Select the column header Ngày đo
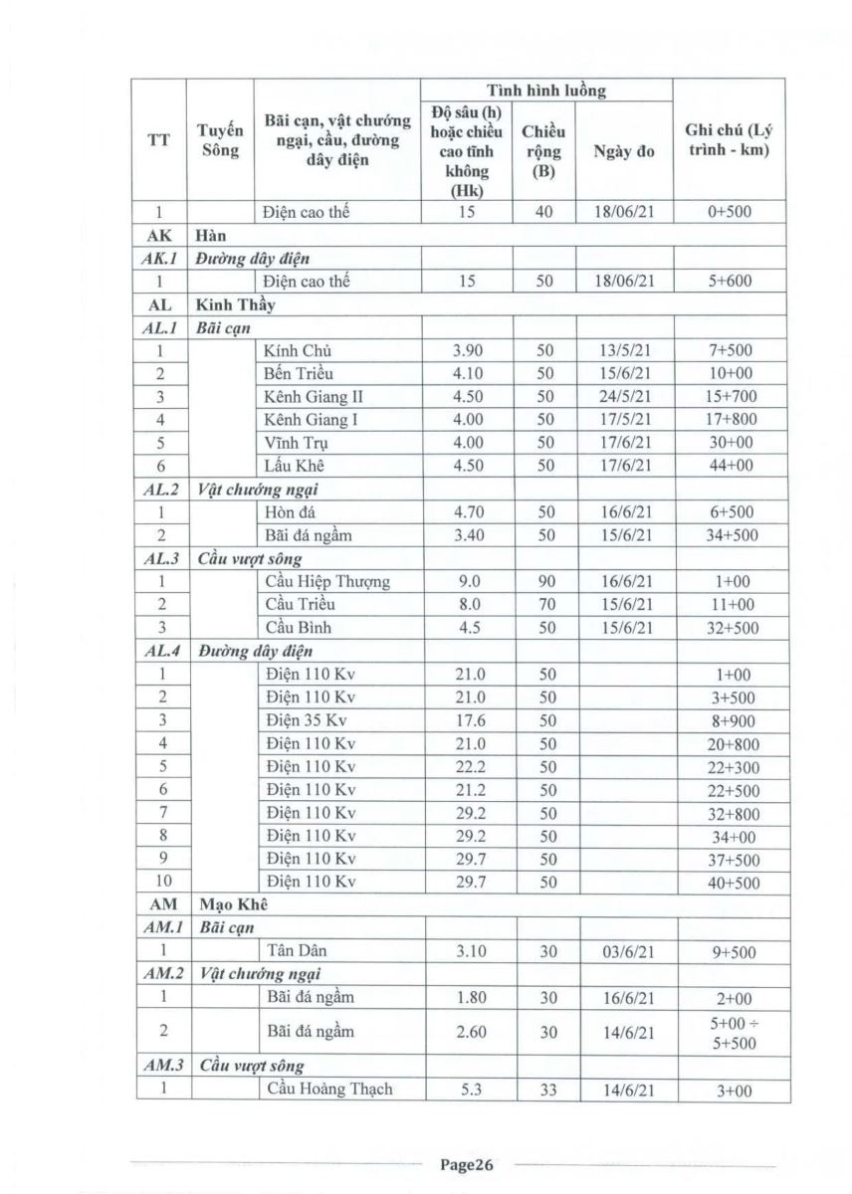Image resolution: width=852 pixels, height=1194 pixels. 623,152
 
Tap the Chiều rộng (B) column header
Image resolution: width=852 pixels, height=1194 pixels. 543,151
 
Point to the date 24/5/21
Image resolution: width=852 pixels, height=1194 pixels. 623,396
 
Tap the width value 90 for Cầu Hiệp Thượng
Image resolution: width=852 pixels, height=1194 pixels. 543,581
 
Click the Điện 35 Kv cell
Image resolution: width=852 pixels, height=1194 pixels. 307,721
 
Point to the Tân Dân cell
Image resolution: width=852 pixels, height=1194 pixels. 298,952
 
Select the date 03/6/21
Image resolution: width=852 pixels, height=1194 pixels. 623,952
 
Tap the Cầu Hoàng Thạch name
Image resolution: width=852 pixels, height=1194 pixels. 329,1089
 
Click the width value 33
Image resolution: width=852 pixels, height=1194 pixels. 543,1090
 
